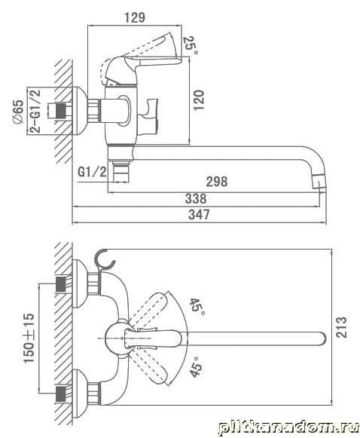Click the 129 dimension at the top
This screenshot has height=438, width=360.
pos(135,17)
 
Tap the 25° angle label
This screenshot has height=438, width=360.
pos(190,45)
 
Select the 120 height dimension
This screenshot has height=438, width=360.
pos(199,100)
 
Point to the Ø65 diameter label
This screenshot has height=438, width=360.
pos(18,112)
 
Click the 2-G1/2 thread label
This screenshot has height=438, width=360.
pos(35,111)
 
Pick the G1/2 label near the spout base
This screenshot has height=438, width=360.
pos(92,172)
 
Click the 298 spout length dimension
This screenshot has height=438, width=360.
pos(217,182)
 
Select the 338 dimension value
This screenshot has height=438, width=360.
pos(196,198)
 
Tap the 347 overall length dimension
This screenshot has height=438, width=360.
pos(199,215)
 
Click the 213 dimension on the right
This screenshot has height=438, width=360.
pos(341,327)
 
